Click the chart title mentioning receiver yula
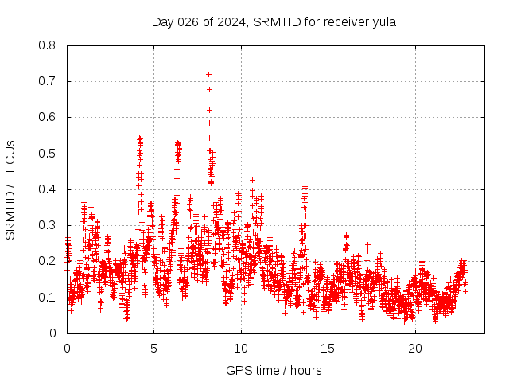point(274,21)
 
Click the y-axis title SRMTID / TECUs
point(10,189)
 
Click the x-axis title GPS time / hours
point(274,370)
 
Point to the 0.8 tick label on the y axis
point(48,45)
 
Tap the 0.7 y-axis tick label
point(48,81)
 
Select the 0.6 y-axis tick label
point(48,117)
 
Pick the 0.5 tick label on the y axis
point(48,154)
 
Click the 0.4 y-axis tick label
point(48,189)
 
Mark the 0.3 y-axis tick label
point(48,225)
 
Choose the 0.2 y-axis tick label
point(48,261)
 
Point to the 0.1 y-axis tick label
point(48,297)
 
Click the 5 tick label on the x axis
point(154,349)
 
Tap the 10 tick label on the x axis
point(241,349)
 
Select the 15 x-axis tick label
point(328,349)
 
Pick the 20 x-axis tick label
point(414,349)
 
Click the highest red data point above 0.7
point(208,74)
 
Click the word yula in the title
point(384,21)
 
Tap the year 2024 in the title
point(231,21)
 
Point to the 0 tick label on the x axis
point(67,349)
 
